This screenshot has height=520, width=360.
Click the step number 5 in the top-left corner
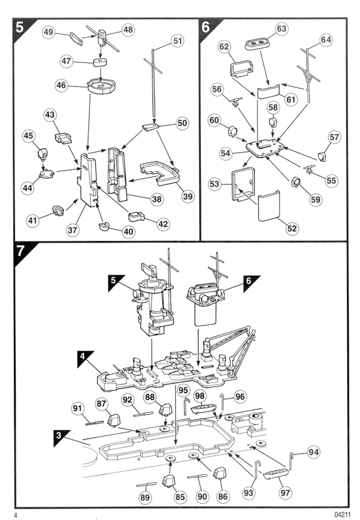point(20,27)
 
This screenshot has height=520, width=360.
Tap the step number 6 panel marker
point(206,27)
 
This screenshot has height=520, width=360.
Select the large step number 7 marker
point(20,251)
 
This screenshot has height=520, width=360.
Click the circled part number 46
point(61,85)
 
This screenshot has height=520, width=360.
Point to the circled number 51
point(178,41)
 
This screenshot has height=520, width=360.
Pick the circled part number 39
point(188,196)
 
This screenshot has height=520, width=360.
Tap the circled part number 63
point(281,29)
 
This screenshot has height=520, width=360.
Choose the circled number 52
point(292,229)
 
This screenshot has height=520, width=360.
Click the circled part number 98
point(200,396)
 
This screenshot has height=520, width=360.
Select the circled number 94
point(313,452)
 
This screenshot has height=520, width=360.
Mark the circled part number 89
point(145,497)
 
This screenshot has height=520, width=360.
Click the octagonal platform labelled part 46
point(101,85)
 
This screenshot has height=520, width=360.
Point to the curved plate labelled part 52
point(269,205)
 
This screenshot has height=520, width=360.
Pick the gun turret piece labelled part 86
point(219,474)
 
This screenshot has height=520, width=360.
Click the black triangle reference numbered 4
point(85,359)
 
